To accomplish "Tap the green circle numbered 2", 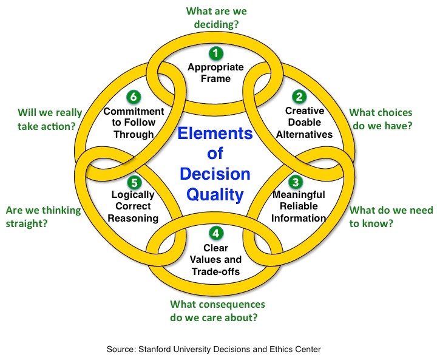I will [298, 96].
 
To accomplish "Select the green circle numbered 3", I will [295, 181].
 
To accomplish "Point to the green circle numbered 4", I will [215, 233].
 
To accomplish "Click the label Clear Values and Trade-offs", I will [215, 259].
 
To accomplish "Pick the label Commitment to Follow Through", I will [134, 123].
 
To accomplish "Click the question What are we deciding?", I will [216, 18].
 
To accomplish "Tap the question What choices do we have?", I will [381, 120].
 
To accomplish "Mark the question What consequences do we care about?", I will [217, 310].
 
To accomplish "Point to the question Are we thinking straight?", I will [43, 217].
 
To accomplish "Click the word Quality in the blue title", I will [215, 195].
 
